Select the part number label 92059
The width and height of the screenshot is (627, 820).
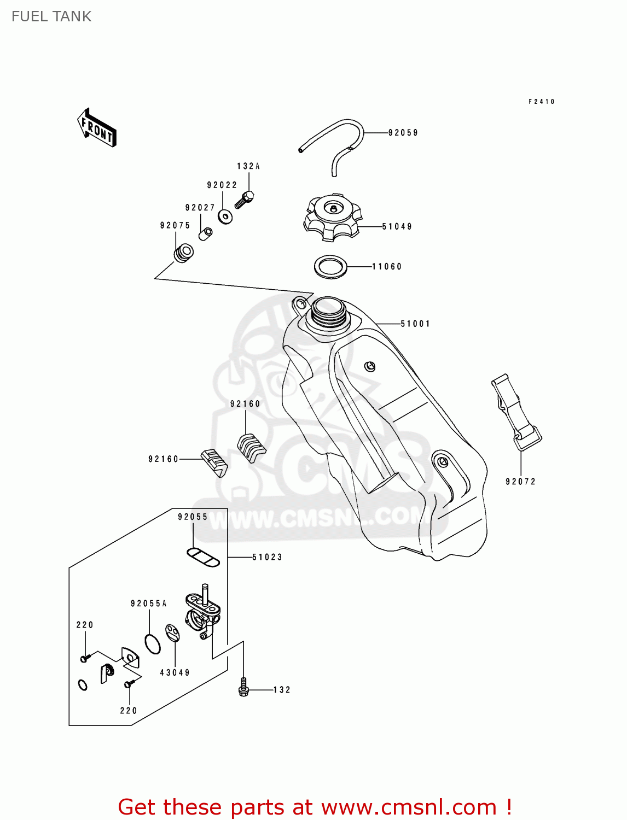(x=403, y=133)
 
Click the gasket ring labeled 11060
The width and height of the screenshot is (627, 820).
(x=330, y=267)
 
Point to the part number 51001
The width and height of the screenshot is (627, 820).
(x=415, y=324)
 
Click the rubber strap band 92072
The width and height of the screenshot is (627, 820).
(x=516, y=413)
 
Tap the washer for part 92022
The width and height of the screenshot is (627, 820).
(x=225, y=216)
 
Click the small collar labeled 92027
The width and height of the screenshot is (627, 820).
(x=206, y=234)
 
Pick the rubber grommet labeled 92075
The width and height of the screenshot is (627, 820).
(x=183, y=254)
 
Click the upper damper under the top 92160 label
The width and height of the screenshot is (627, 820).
(x=251, y=446)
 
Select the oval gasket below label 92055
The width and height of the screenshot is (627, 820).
(x=203, y=558)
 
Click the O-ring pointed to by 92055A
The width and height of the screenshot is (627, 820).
(x=153, y=643)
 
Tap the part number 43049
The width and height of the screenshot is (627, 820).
(x=175, y=673)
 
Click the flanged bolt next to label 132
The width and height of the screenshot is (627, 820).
(x=244, y=688)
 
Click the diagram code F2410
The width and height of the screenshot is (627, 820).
(x=541, y=102)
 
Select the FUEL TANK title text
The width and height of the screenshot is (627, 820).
(x=51, y=16)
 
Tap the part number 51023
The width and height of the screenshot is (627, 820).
(x=267, y=558)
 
